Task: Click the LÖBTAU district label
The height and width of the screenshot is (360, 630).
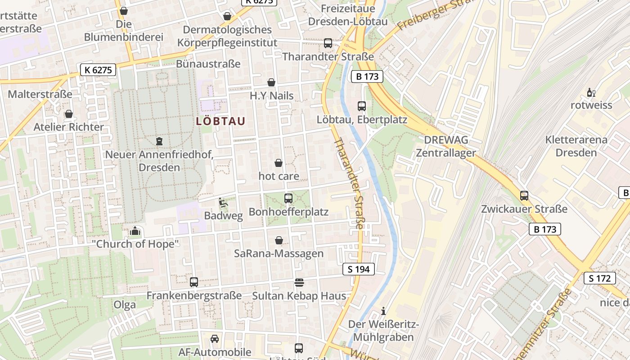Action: tap(221, 121)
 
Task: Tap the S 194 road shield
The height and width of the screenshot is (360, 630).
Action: tap(358, 269)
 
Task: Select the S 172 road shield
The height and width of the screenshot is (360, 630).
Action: tap(600, 278)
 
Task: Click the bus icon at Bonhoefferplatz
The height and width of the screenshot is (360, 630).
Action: tap(288, 198)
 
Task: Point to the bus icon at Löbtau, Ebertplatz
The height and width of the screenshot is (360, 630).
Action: tap(362, 106)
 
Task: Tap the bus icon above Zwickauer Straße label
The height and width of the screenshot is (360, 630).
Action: tap(524, 196)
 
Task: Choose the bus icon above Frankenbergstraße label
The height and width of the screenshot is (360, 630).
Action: tap(194, 282)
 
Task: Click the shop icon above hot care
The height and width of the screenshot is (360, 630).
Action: tap(279, 162)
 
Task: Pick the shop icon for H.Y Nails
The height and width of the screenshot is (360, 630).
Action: tap(271, 82)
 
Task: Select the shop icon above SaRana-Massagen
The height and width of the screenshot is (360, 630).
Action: tap(279, 240)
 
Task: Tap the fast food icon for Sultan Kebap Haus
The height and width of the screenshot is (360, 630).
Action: tap(299, 282)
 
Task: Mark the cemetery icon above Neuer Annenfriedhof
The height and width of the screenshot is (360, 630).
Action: tap(159, 141)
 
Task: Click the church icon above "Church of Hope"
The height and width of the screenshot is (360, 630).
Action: tap(135, 231)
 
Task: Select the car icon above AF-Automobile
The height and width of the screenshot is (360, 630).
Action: tap(215, 338)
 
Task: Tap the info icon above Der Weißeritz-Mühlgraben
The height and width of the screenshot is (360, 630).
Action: tap(383, 311)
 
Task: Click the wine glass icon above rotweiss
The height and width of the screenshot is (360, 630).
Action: tap(591, 93)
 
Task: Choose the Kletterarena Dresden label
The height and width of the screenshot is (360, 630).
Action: tap(576, 146)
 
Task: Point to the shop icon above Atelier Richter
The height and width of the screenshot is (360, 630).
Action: tap(69, 114)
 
